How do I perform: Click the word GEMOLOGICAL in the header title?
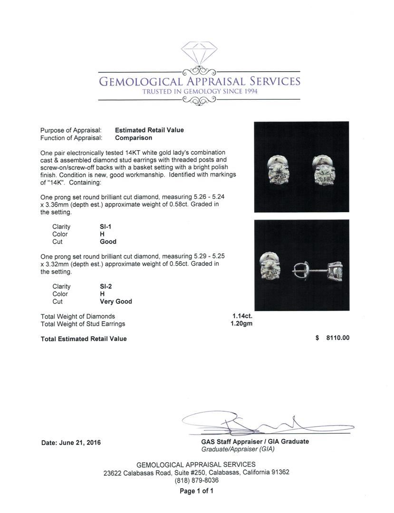point(138,81)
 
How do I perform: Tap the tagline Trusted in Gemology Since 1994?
point(200,92)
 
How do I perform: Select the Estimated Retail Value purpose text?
point(149,130)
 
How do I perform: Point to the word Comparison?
point(134,138)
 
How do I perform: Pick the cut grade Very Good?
point(115,302)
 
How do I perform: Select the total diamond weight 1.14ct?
point(242,316)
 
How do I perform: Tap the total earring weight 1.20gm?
point(242,324)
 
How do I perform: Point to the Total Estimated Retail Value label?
point(84,339)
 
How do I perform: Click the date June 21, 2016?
point(71,443)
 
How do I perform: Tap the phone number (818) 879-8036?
point(196,480)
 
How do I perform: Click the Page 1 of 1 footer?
point(196,491)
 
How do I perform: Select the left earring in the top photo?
point(278,170)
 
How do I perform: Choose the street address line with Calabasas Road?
point(196,473)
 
